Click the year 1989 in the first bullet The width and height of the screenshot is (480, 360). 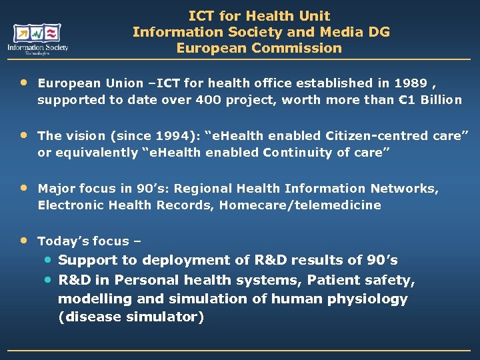[x=409, y=83]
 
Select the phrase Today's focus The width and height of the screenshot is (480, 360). [x=83, y=241]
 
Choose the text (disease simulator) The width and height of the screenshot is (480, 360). [x=131, y=317]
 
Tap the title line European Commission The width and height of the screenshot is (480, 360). [x=259, y=48]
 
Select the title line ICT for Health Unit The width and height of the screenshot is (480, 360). [x=259, y=15]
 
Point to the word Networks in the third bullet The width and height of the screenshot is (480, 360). [x=409, y=189]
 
